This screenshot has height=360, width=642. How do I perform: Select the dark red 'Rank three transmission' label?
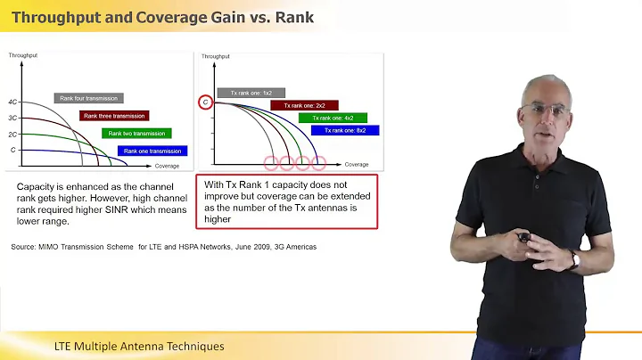coord(114,116)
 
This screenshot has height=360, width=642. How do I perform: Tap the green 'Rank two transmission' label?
coord(136,134)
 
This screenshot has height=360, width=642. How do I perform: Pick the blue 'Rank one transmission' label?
coord(153,151)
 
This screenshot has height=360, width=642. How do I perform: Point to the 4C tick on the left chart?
coord(12,102)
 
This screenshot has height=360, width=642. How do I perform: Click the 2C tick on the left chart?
coord(12,134)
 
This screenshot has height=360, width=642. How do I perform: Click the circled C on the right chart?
coord(204,102)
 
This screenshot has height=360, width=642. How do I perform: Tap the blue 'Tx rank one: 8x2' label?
coord(345,130)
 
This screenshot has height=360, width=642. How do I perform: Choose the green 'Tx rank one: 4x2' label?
coord(325,118)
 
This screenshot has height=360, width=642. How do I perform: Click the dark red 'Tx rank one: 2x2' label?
coord(304,105)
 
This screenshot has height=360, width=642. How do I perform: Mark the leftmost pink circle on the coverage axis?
coord(271,164)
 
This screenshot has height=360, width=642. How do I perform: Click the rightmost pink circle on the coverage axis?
coord(317,164)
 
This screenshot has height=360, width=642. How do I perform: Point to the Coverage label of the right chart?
coord(357,165)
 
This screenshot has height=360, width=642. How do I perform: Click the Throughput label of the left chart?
coord(22,55)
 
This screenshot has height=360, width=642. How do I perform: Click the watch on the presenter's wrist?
coord(575,259)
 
